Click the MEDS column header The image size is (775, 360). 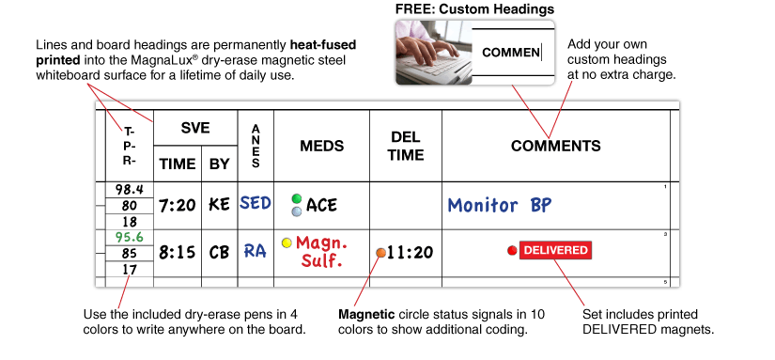point(321,147)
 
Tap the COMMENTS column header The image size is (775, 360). point(555,147)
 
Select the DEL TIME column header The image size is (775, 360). point(406,147)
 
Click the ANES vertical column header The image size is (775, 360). point(256,147)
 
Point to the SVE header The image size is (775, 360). point(195,128)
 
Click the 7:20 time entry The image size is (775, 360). point(177,205)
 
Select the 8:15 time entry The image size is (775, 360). point(177,252)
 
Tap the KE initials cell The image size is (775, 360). point(219,205)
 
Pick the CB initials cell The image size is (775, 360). point(219,252)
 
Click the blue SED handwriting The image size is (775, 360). point(256,203)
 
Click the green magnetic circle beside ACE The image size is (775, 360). point(297,198)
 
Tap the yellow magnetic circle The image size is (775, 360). point(287,243)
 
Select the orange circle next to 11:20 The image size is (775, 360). point(380,253)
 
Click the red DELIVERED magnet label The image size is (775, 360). point(555,250)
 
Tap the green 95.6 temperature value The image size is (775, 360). point(129,237)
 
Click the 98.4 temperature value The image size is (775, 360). point(129,190)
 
